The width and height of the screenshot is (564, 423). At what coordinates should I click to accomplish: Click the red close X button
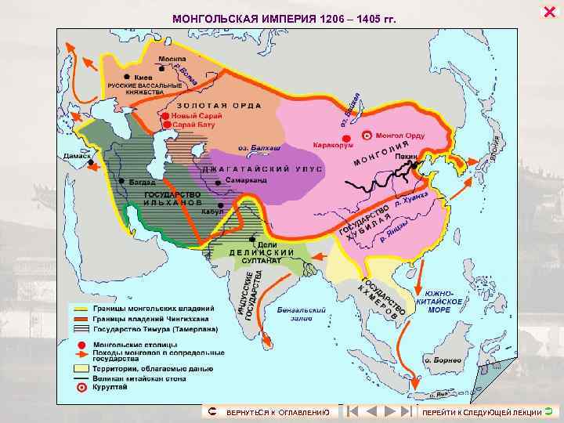[548, 10]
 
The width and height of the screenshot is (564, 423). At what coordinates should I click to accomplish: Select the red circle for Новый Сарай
[165, 116]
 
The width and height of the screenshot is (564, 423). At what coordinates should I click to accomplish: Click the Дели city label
[268, 244]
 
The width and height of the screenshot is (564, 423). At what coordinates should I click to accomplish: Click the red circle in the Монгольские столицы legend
[80, 345]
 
